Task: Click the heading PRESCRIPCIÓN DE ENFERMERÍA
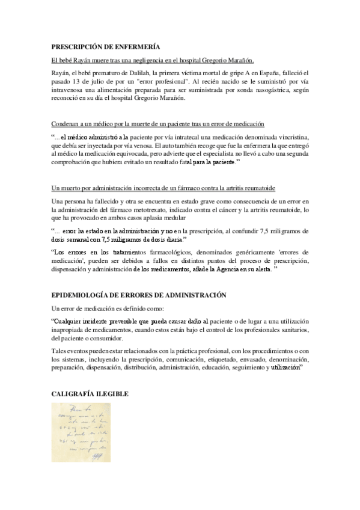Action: click(x=105, y=46)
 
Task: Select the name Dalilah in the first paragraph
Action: click(x=139, y=72)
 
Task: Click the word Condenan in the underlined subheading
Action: click(x=67, y=124)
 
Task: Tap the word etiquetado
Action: click(x=222, y=357)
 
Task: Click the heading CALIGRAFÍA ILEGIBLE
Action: click(x=89, y=394)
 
